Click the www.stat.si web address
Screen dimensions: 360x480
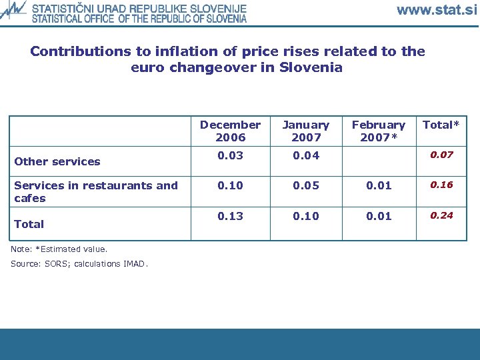tap(437, 10)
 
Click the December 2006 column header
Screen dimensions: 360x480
tap(230, 131)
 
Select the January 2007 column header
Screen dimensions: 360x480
tap(306, 131)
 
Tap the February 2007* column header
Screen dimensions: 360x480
tap(378, 131)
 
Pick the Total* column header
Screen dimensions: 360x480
tap(441, 125)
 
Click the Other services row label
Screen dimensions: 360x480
tap(57, 161)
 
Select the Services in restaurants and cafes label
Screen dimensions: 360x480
tap(96, 192)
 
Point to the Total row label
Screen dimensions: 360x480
tap(29, 224)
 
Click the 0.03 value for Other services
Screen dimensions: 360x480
tap(230, 155)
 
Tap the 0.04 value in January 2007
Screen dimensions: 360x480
tap(306, 155)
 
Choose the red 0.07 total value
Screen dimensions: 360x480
tap(441, 155)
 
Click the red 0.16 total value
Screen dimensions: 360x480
tap(441, 185)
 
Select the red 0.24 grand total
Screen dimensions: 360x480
tap(441, 215)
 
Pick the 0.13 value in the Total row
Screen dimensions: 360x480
tap(230, 216)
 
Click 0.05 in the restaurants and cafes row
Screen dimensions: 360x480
tap(306, 185)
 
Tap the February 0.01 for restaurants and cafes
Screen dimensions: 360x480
tap(378, 185)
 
